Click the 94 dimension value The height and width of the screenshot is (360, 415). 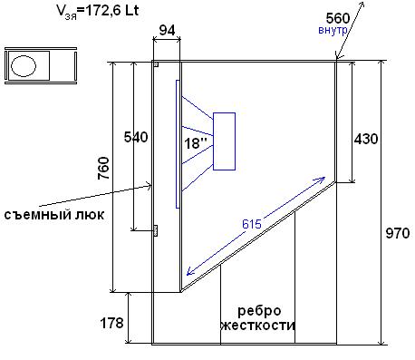[167, 30]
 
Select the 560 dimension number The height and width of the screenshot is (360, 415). [338, 18]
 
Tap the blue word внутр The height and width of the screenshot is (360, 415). [333, 30]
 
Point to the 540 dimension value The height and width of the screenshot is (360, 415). [136, 137]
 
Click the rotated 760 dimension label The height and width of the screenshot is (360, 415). [103, 168]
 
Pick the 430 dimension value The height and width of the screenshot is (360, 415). [366, 139]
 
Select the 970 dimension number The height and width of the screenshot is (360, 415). [398, 233]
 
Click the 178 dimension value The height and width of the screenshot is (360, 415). [111, 323]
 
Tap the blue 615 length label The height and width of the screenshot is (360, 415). [252, 224]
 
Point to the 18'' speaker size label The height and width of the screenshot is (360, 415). [196, 143]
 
